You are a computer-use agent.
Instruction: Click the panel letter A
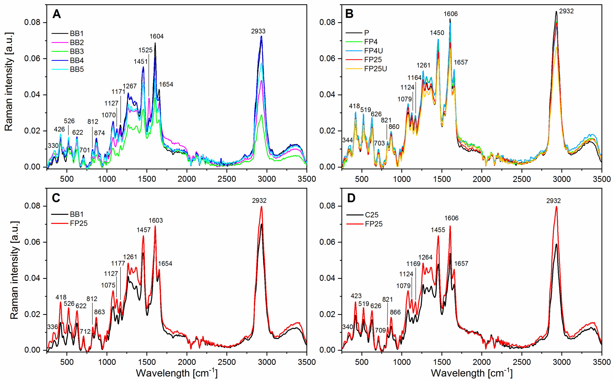(x=56, y=14)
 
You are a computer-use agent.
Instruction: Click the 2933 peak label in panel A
(x=258, y=31)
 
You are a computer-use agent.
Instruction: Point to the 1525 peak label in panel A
(x=145, y=50)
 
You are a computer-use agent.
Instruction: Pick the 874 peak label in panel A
(x=99, y=133)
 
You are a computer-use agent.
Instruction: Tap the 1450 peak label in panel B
(x=437, y=33)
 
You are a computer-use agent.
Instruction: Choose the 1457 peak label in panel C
(x=144, y=230)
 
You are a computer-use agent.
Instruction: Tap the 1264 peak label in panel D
(x=425, y=257)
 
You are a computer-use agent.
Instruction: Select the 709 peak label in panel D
(x=380, y=330)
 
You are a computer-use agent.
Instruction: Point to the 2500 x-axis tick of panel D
(x=521, y=362)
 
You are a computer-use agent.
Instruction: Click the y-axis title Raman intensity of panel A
(x=9, y=82)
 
